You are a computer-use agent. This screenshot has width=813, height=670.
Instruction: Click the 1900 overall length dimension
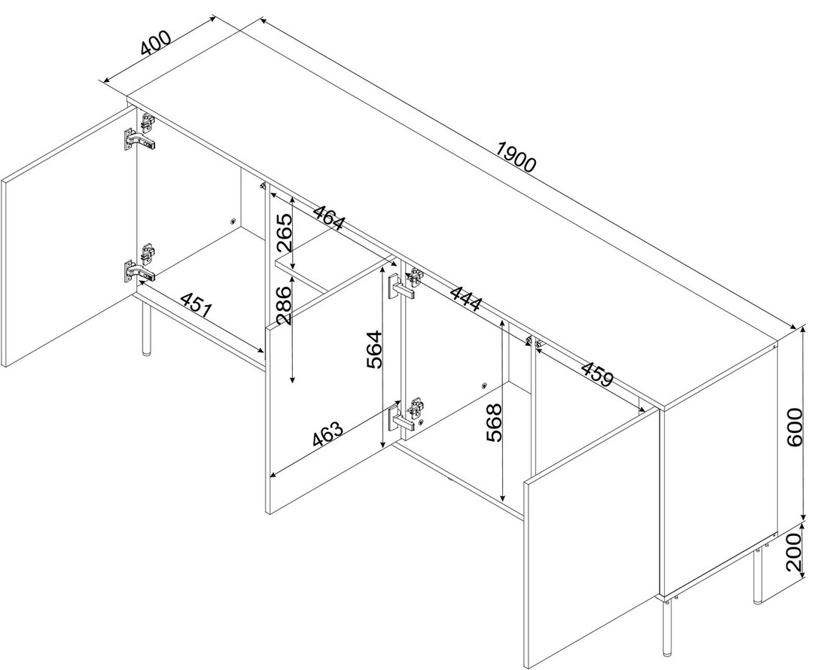(x=515, y=156)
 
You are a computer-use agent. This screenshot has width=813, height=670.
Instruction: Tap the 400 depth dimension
(x=155, y=43)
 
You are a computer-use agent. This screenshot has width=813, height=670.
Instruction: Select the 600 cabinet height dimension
(x=795, y=427)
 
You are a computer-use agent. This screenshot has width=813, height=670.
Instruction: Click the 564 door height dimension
(x=374, y=349)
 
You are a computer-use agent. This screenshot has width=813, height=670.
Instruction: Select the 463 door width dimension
(x=327, y=434)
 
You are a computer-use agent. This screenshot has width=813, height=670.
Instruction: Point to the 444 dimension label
(x=466, y=297)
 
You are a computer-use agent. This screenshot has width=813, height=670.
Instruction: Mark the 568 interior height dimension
(x=495, y=422)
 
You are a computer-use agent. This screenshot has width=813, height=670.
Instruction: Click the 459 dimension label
(x=597, y=373)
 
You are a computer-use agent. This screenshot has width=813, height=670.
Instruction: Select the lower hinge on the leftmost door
(x=141, y=264)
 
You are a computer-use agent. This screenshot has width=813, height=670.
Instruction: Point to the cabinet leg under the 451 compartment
(x=146, y=328)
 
